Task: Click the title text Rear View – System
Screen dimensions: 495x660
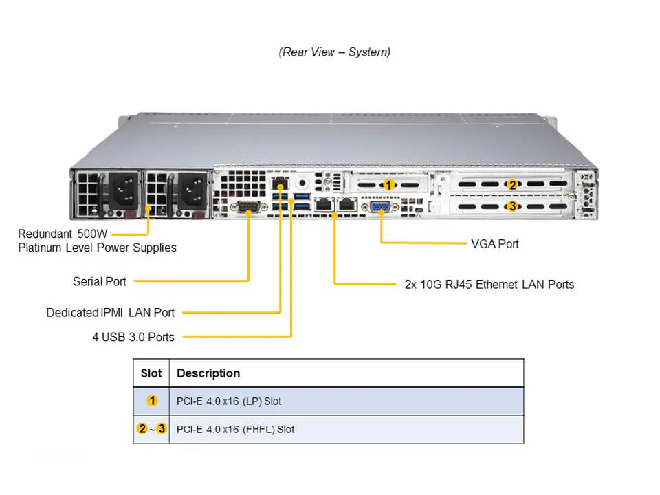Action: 334,52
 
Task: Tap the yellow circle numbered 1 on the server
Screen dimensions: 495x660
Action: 388,185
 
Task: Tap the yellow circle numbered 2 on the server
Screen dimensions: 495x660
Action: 511,184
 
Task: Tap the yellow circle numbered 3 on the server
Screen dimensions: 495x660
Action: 511,206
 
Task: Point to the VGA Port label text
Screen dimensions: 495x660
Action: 495,243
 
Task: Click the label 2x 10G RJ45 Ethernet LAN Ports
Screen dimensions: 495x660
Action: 489,284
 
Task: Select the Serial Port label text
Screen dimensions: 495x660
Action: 100,281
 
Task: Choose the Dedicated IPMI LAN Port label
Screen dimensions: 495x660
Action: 111,312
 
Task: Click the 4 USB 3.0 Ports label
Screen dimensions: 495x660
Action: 133,337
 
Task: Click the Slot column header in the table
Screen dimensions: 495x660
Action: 151,373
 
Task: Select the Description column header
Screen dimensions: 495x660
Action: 208,373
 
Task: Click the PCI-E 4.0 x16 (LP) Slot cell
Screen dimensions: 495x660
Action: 229,401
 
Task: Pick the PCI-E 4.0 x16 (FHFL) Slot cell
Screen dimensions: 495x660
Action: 235,429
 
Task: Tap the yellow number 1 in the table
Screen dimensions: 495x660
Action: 151,401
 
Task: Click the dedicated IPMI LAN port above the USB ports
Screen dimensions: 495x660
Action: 280,184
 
